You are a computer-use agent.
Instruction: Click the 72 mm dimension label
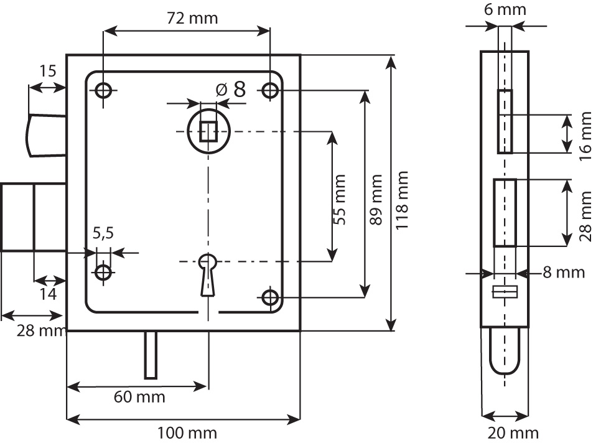pos(193,17)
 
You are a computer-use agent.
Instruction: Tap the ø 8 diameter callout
pos(231,90)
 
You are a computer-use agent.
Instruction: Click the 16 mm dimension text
pos(585,135)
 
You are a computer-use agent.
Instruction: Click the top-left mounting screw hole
pos(103,91)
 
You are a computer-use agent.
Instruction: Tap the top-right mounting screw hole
pos(270,91)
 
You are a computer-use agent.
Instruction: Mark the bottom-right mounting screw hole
pos(270,298)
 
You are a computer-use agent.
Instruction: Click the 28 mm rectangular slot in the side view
pos(505,212)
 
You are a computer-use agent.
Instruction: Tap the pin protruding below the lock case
pos(151,355)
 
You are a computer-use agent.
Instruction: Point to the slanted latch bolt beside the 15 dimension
pos(46,134)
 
